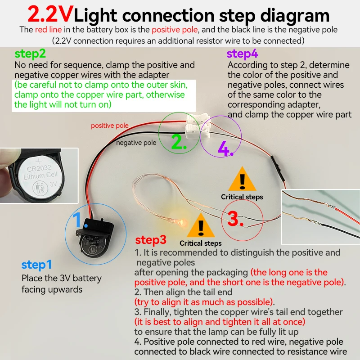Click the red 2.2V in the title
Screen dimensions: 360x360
click(50, 15)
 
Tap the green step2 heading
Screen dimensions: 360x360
click(30, 54)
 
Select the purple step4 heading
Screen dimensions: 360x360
click(242, 54)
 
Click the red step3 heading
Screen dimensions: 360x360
click(151, 240)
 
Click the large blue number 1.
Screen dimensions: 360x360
click(78, 220)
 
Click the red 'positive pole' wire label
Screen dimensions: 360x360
click(109, 126)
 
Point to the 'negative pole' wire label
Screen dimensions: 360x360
click(136, 143)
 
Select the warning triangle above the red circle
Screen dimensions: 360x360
click(242, 181)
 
